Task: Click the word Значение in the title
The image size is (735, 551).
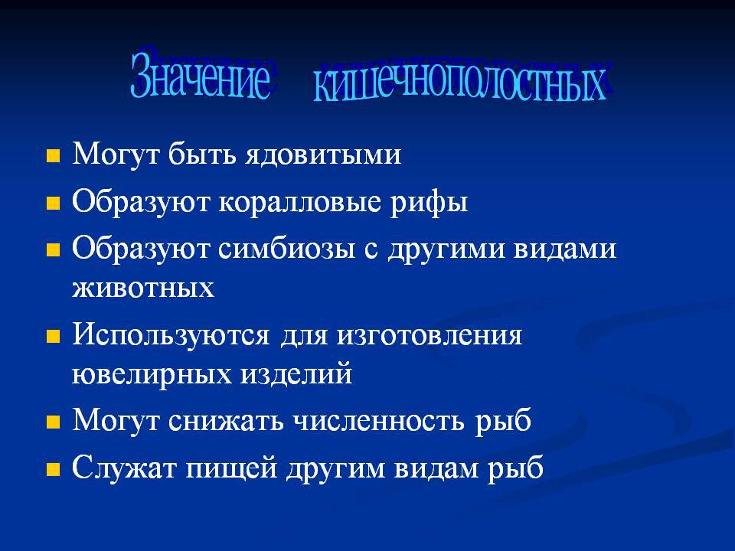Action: click(x=201, y=74)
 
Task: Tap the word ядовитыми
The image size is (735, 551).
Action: click(x=323, y=154)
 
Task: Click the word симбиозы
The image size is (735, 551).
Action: click(x=286, y=249)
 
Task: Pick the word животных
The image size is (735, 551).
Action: click(x=143, y=288)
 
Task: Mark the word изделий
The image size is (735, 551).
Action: click(x=296, y=373)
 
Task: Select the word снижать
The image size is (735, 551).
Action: click(x=226, y=420)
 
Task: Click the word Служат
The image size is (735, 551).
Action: click(x=124, y=467)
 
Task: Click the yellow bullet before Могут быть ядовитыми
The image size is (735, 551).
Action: click(x=53, y=156)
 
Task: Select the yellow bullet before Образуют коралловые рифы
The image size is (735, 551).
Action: click(x=53, y=204)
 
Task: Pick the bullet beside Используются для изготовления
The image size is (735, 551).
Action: click(x=53, y=337)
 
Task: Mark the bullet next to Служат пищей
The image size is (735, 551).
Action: click(x=53, y=469)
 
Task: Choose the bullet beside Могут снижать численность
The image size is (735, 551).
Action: click(x=53, y=422)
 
